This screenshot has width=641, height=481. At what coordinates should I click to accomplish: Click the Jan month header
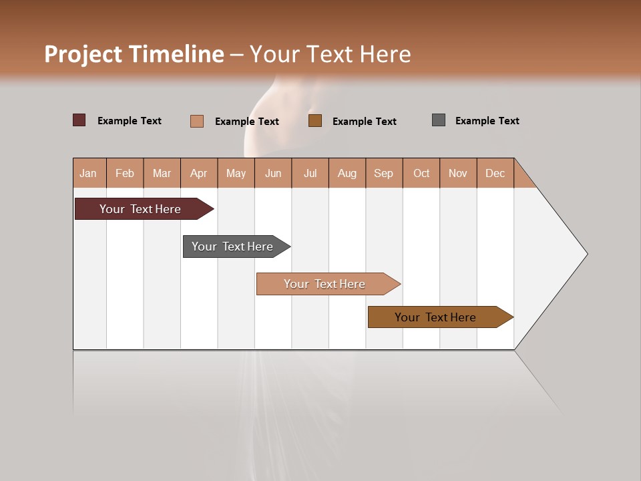click(x=89, y=173)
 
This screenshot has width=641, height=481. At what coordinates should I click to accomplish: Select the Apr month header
click(x=199, y=173)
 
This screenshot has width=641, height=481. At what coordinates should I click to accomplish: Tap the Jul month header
click(x=310, y=173)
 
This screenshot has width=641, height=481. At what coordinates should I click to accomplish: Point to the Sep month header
click(x=384, y=173)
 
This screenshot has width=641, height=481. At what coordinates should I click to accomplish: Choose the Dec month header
click(x=495, y=173)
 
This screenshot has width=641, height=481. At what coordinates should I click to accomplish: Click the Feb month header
click(x=125, y=173)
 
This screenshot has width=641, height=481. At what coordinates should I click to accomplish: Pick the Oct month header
click(x=421, y=173)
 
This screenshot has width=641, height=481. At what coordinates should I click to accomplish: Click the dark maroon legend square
click(x=79, y=120)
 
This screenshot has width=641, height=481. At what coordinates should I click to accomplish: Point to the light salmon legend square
click(x=197, y=121)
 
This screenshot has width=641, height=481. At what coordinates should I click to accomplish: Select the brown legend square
click(x=315, y=120)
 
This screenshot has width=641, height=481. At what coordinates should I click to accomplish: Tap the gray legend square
click(x=439, y=120)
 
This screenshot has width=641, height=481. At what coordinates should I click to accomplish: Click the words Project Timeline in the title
click(x=134, y=54)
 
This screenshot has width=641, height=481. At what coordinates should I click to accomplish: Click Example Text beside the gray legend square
click(x=487, y=121)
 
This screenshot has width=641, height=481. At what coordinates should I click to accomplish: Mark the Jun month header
click(x=273, y=173)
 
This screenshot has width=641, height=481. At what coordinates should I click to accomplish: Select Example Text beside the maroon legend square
click(x=130, y=121)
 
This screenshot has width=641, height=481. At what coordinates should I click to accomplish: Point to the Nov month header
click(x=458, y=173)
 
